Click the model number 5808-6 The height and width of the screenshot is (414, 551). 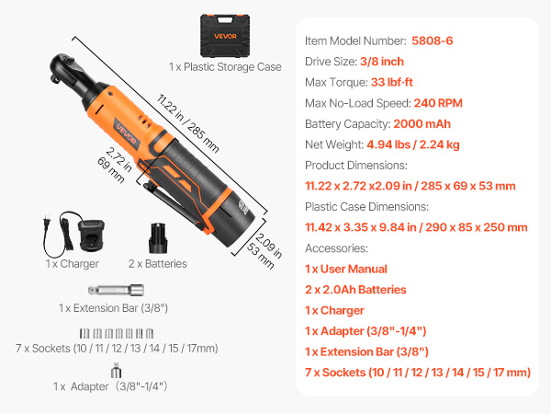(432, 40)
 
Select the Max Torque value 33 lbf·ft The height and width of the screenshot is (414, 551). (391, 83)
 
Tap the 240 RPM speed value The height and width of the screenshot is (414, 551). (438, 103)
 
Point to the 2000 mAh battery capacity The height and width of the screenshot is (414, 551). (422, 124)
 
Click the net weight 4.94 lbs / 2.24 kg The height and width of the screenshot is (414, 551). (413, 144)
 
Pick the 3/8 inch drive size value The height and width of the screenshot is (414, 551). (382, 62)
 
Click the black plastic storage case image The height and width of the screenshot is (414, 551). (225, 36)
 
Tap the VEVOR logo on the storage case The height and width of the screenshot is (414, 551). (225, 36)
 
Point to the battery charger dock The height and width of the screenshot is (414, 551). (91, 236)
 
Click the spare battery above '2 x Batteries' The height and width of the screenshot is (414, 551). (158, 238)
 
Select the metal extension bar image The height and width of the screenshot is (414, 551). (116, 290)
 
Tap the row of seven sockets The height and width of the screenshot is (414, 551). (117, 333)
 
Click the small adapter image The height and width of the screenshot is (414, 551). (116, 371)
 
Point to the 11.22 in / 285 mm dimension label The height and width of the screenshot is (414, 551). (187, 123)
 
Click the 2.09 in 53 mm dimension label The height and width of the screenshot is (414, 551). (264, 250)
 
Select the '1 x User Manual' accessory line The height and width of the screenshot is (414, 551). (346, 269)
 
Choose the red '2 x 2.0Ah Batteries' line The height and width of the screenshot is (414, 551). (355, 290)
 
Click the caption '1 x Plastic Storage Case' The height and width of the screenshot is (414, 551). (225, 67)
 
